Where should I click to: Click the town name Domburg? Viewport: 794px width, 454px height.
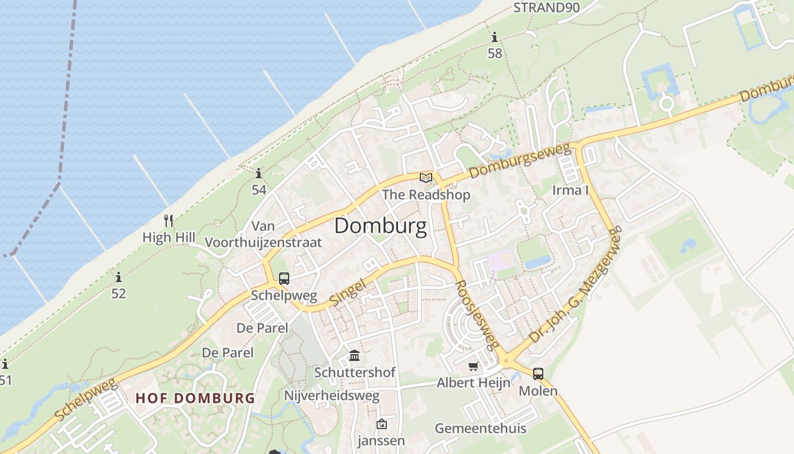380,226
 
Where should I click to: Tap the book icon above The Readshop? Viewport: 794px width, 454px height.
425,178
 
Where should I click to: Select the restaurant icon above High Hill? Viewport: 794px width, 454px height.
168,221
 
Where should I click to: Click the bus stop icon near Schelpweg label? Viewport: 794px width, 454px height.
284,279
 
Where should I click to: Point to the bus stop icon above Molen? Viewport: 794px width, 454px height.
538,374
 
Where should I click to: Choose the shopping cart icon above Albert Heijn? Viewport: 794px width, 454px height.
473,367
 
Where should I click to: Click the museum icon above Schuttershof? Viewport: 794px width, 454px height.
354,356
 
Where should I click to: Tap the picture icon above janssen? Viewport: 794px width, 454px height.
381,424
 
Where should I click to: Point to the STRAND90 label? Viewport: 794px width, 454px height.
539,8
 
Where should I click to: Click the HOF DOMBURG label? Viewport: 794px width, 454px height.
195,398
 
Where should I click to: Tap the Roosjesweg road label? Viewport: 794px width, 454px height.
477,314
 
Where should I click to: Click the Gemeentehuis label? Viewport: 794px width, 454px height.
480,428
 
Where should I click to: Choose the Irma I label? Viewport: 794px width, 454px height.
570,190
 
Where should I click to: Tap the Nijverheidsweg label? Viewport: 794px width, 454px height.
332,396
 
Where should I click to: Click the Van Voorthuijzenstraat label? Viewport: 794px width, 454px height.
263,234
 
